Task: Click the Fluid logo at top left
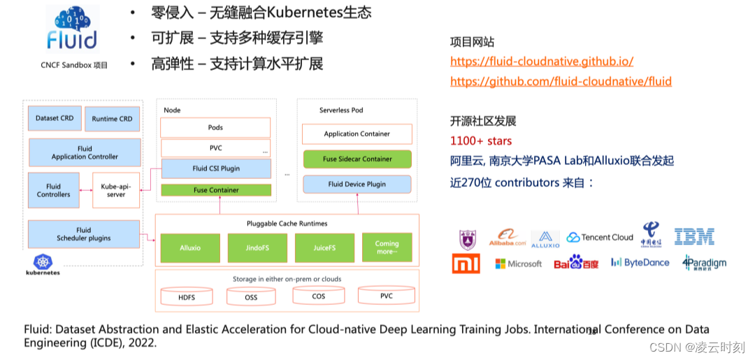pyautogui.click(x=72, y=29)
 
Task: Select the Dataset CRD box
pyautogui.click(x=55, y=118)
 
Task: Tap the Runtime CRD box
pyautogui.click(x=112, y=119)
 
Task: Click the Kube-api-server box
pyautogui.click(x=116, y=190)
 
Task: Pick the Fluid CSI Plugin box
pyautogui.click(x=215, y=168)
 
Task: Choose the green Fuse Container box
pyautogui.click(x=215, y=190)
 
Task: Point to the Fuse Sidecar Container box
pyautogui.click(x=357, y=159)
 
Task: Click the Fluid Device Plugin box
pyautogui.click(x=357, y=185)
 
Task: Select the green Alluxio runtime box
pyautogui.click(x=190, y=247)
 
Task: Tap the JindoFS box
pyautogui.click(x=257, y=247)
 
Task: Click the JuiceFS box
pyautogui.click(x=324, y=247)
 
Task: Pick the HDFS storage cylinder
pyautogui.click(x=187, y=297)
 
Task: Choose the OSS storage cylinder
pyautogui.click(x=251, y=297)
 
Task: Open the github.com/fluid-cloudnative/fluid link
pyautogui.click(x=561, y=82)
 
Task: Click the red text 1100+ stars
pyautogui.click(x=481, y=141)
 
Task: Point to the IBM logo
pyautogui.click(x=694, y=237)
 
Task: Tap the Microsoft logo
pyautogui.click(x=518, y=264)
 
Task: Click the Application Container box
pyautogui.click(x=357, y=134)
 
